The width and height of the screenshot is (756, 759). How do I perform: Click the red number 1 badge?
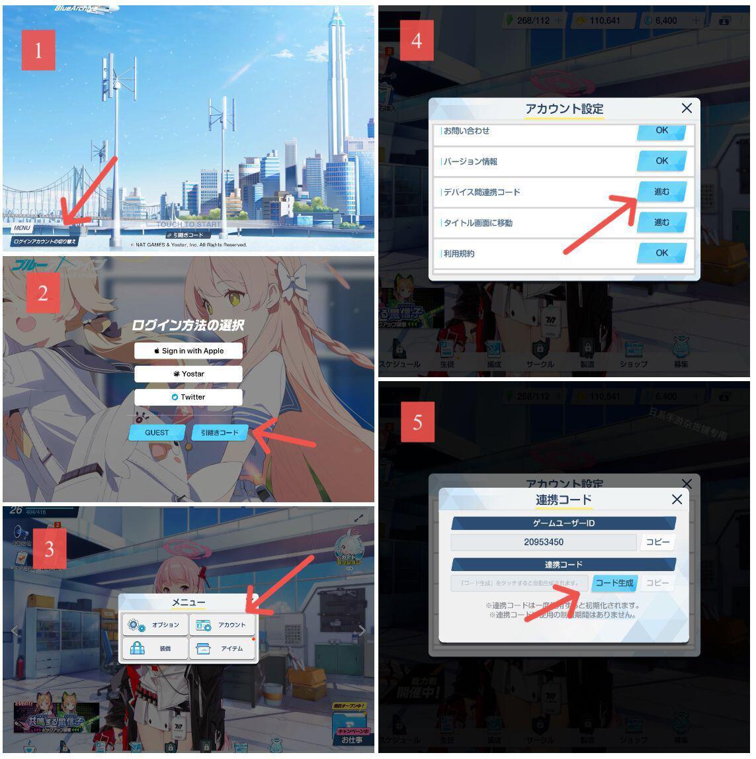coord(38,50)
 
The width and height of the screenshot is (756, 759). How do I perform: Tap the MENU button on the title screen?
coord(22,228)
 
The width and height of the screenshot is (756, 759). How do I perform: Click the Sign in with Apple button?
coord(189,351)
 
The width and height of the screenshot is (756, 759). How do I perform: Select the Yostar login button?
coord(189,374)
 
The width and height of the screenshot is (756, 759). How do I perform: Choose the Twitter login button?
coord(189,397)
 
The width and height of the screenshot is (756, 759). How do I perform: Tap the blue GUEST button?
coord(157,433)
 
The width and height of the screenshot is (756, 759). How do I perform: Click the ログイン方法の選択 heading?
coord(188,325)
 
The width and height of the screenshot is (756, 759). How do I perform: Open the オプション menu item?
coord(155,625)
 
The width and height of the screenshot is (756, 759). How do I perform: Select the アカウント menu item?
coord(222,625)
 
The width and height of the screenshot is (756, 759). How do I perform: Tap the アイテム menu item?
coord(222,648)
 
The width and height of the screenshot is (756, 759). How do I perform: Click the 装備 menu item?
coord(155,648)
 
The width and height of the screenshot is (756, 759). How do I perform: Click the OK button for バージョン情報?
coord(661,161)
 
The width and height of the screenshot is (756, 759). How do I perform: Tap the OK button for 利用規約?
coord(661,253)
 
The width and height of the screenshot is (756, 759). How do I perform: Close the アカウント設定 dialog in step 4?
coord(687,108)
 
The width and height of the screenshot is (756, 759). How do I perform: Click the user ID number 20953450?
coord(544,543)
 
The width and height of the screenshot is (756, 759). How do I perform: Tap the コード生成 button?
coord(614,583)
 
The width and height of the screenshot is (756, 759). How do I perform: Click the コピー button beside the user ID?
coord(657,543)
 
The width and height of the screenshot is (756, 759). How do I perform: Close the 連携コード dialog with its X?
coord(677,500)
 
